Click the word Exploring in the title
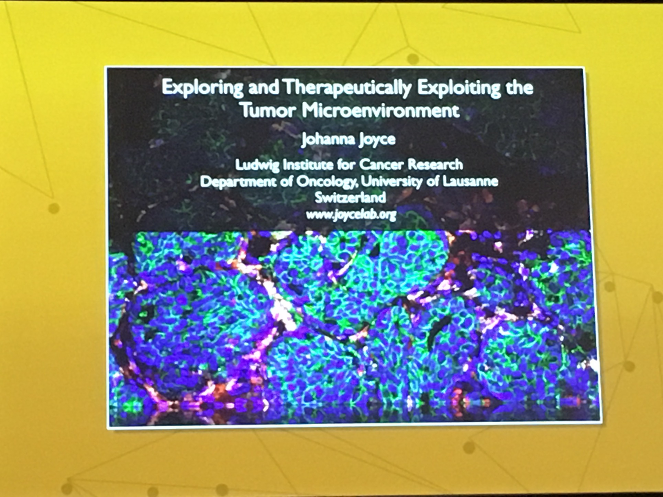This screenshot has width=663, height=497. pyautogui.click(x=202, y=88)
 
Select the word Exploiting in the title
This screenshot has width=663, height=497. pyautogui.click(x=458, y=88)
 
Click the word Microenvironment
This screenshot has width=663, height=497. pyautogui.click(x=380, y=111)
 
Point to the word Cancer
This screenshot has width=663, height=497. pyautogui.click(x=383, y=165)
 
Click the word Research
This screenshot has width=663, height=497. pyautogui.click(x=435, y=165)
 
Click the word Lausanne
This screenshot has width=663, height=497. pyautogui.click(x=470, y=181)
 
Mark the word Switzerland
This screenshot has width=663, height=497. pyautogui.click(x=350, y=197)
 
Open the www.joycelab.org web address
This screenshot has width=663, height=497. pyautogui.click(x=351, y=215)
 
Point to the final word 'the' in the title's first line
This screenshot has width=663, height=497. pyautogui.click(x=519, y=88)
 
